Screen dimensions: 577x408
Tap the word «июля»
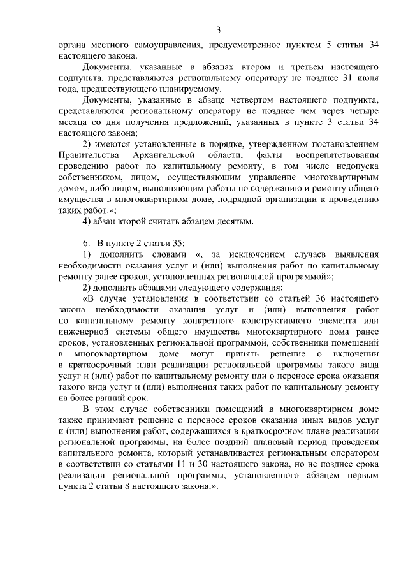pyautogui.click(x=368, y=77)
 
